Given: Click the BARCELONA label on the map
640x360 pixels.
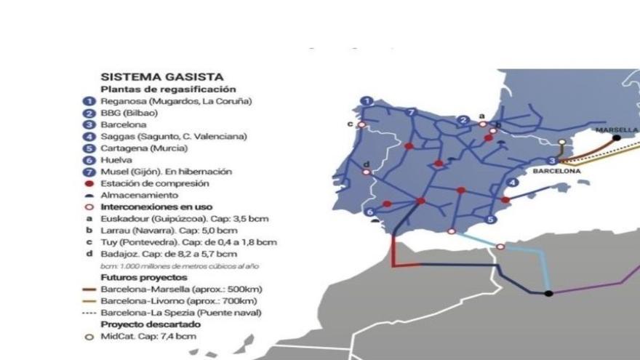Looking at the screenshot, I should (556, 172).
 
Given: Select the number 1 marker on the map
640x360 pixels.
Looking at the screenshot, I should (368, 101).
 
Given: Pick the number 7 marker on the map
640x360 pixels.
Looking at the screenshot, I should (412, 112).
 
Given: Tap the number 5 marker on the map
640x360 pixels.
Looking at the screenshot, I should (491, 219).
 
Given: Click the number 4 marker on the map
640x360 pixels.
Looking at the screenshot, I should (513, 183).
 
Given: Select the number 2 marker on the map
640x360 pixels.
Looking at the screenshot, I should (463, 120).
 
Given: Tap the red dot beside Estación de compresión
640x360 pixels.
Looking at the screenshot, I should (88, 183).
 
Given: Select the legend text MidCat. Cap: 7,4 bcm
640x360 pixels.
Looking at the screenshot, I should (148, 336).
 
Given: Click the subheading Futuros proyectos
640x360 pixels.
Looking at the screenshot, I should (143, 277).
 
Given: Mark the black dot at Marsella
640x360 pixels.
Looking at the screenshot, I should (616, 137).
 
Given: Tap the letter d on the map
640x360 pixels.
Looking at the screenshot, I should (366, 164).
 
